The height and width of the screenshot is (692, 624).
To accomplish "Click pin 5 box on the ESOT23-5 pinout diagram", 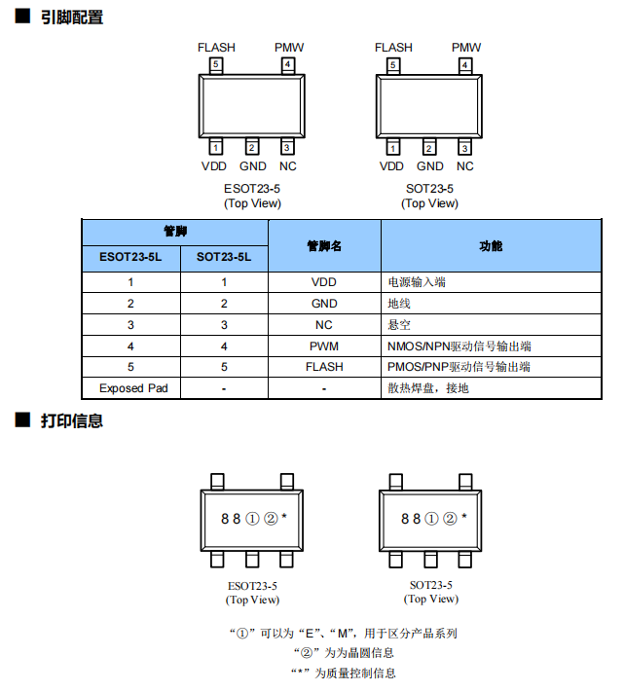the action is (x=216, y=65).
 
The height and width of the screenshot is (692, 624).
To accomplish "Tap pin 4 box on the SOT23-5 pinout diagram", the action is (x=465, y=65).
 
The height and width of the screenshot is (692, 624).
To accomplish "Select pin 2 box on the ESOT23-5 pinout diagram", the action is (x=252, y=147).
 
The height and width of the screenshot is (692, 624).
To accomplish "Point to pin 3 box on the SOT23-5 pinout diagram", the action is (x=464, y=147).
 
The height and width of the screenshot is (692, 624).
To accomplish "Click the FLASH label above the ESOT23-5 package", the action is (x=216, y=48).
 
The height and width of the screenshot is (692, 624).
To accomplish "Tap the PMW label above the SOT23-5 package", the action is (x=466, y=48).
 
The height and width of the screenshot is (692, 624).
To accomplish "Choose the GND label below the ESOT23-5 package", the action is (x=253, y=166).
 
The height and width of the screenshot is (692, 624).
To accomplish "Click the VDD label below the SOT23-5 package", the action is (x=391, y=166).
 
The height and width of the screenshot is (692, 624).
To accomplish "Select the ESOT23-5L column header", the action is (x=130, y=257).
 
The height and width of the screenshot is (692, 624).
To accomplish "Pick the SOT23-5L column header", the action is (x=224, y=257).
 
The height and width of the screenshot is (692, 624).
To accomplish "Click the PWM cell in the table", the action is (x=324, y=346).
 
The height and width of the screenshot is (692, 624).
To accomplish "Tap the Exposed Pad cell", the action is (x=133, y=388).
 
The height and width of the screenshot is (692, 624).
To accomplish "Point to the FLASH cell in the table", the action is (x=324, y=367).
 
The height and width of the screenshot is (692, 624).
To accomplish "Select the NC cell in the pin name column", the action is (x=324, y=325).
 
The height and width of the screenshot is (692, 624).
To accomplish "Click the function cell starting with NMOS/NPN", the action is (x=459, y=346).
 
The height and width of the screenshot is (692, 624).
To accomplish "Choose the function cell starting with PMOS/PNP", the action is (x=459, y=367).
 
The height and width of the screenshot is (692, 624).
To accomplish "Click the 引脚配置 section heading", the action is (x=72, y=18).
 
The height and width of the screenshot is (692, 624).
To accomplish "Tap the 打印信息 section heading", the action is (x=72, y=420).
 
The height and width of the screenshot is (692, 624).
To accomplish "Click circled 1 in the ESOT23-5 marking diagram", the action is (x=252, y=519).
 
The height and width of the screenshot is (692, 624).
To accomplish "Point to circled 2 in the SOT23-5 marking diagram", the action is (x=450, y=519).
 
